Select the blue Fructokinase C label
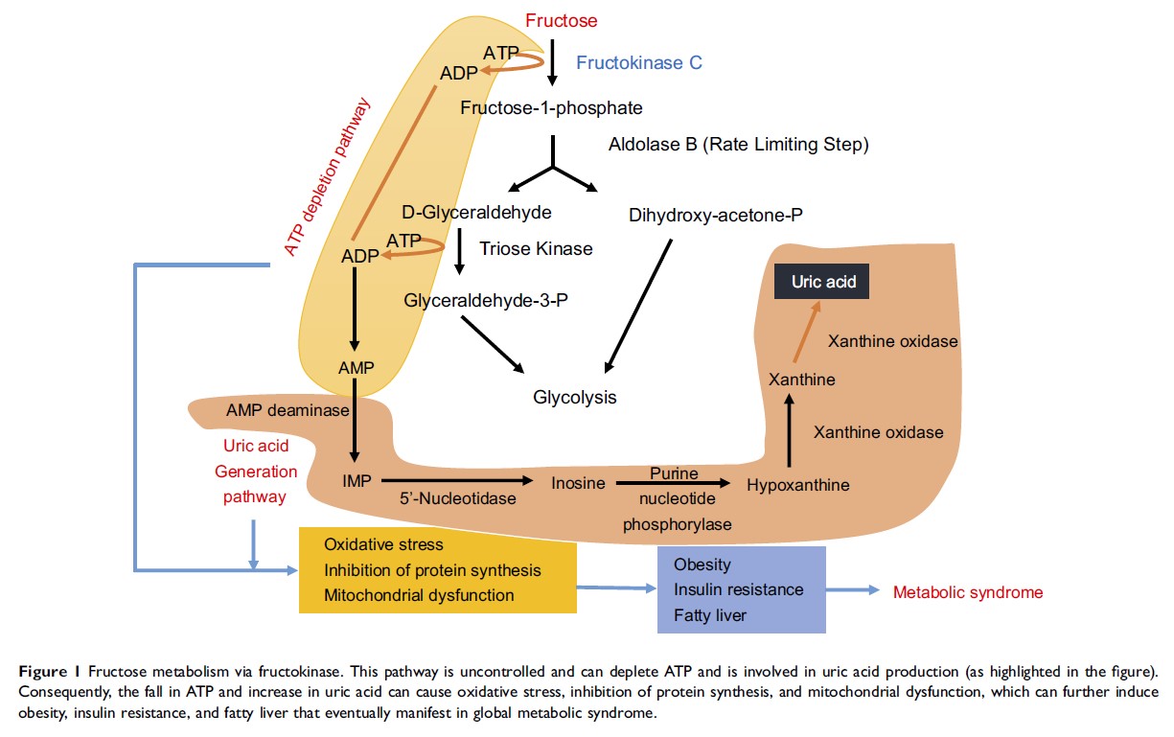(x=638, y=62)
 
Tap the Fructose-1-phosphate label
(x=551, y=107)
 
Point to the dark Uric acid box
(x=823, y=283)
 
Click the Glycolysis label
(x=575, y=396)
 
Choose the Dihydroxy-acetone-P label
(x=715, y=216)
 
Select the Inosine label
(x=578, y=483)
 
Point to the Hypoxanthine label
(x=797, y=485)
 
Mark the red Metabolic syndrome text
(x=968, y=592)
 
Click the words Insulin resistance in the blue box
(x=738, y=588)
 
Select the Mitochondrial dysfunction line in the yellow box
(x=419, y=595)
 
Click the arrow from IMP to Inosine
(x=458, y=479)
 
